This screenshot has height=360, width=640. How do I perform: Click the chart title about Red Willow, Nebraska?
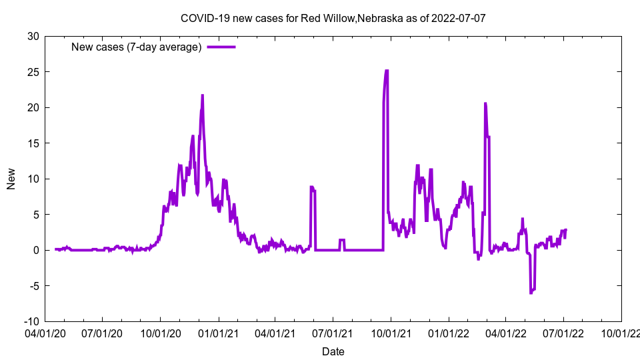333,18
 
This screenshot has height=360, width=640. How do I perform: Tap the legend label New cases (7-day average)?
137,47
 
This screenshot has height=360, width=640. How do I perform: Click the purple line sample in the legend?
221,47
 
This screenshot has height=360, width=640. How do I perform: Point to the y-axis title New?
11,179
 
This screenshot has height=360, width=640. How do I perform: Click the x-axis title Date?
333,351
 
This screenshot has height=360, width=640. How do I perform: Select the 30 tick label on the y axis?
32,36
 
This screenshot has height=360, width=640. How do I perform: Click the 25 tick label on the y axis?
32,72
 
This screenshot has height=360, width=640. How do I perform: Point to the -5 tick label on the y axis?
33,286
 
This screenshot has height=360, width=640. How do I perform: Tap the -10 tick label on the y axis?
31,321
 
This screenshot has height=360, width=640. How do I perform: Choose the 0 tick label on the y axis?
35,250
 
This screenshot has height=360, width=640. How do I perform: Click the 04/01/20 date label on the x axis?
45,331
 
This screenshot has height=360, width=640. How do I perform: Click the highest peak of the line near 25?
386,71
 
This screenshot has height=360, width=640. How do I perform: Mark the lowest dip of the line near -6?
531,293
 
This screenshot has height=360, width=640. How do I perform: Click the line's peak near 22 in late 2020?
202,95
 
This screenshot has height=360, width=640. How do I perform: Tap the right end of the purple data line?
565,230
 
